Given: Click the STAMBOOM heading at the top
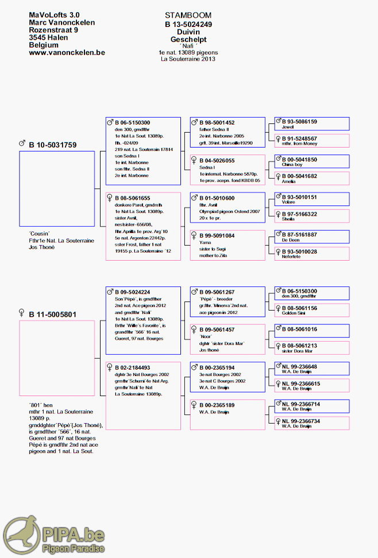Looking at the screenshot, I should (188, 15).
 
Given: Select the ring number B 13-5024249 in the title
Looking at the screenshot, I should (188, 24).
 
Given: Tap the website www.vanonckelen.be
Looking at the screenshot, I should (67, 52).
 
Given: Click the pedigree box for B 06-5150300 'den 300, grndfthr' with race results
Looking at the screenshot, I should (143, 152).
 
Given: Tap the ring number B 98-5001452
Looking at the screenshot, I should (217, 122).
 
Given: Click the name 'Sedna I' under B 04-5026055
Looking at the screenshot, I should (208, 167).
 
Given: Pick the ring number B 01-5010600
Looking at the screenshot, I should (217, 198).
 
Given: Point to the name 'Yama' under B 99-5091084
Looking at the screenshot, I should (205, 243).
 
